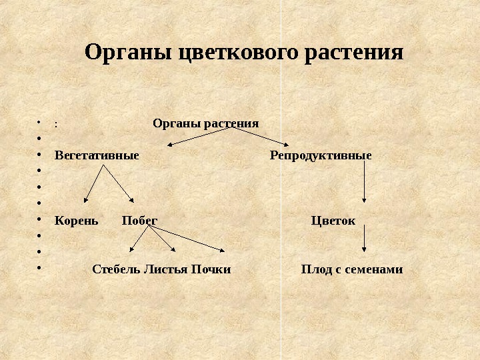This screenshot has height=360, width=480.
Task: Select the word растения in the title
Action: [353, 53]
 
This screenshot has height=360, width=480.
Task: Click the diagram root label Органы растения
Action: [206, 123]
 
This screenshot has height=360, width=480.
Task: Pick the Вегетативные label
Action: [97, 155]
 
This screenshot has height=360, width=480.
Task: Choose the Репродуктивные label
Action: [321, 155]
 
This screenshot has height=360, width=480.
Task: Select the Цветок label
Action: [333, 220]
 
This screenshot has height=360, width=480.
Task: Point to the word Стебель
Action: [116, 270]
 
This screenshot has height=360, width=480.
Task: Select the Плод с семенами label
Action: [352, 270]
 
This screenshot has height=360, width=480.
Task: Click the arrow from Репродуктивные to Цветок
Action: [364, 181]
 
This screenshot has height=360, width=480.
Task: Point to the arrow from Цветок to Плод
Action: [364, 238]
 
